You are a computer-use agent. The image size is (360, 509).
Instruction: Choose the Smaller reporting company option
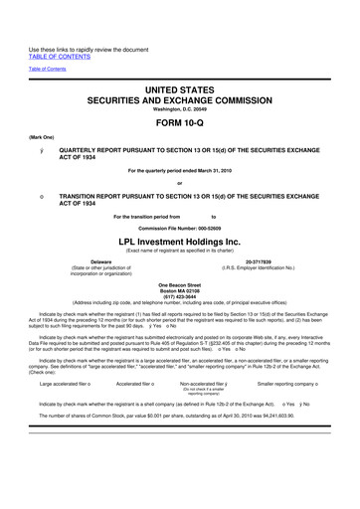297,410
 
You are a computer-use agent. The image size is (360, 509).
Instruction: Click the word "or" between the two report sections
179,184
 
